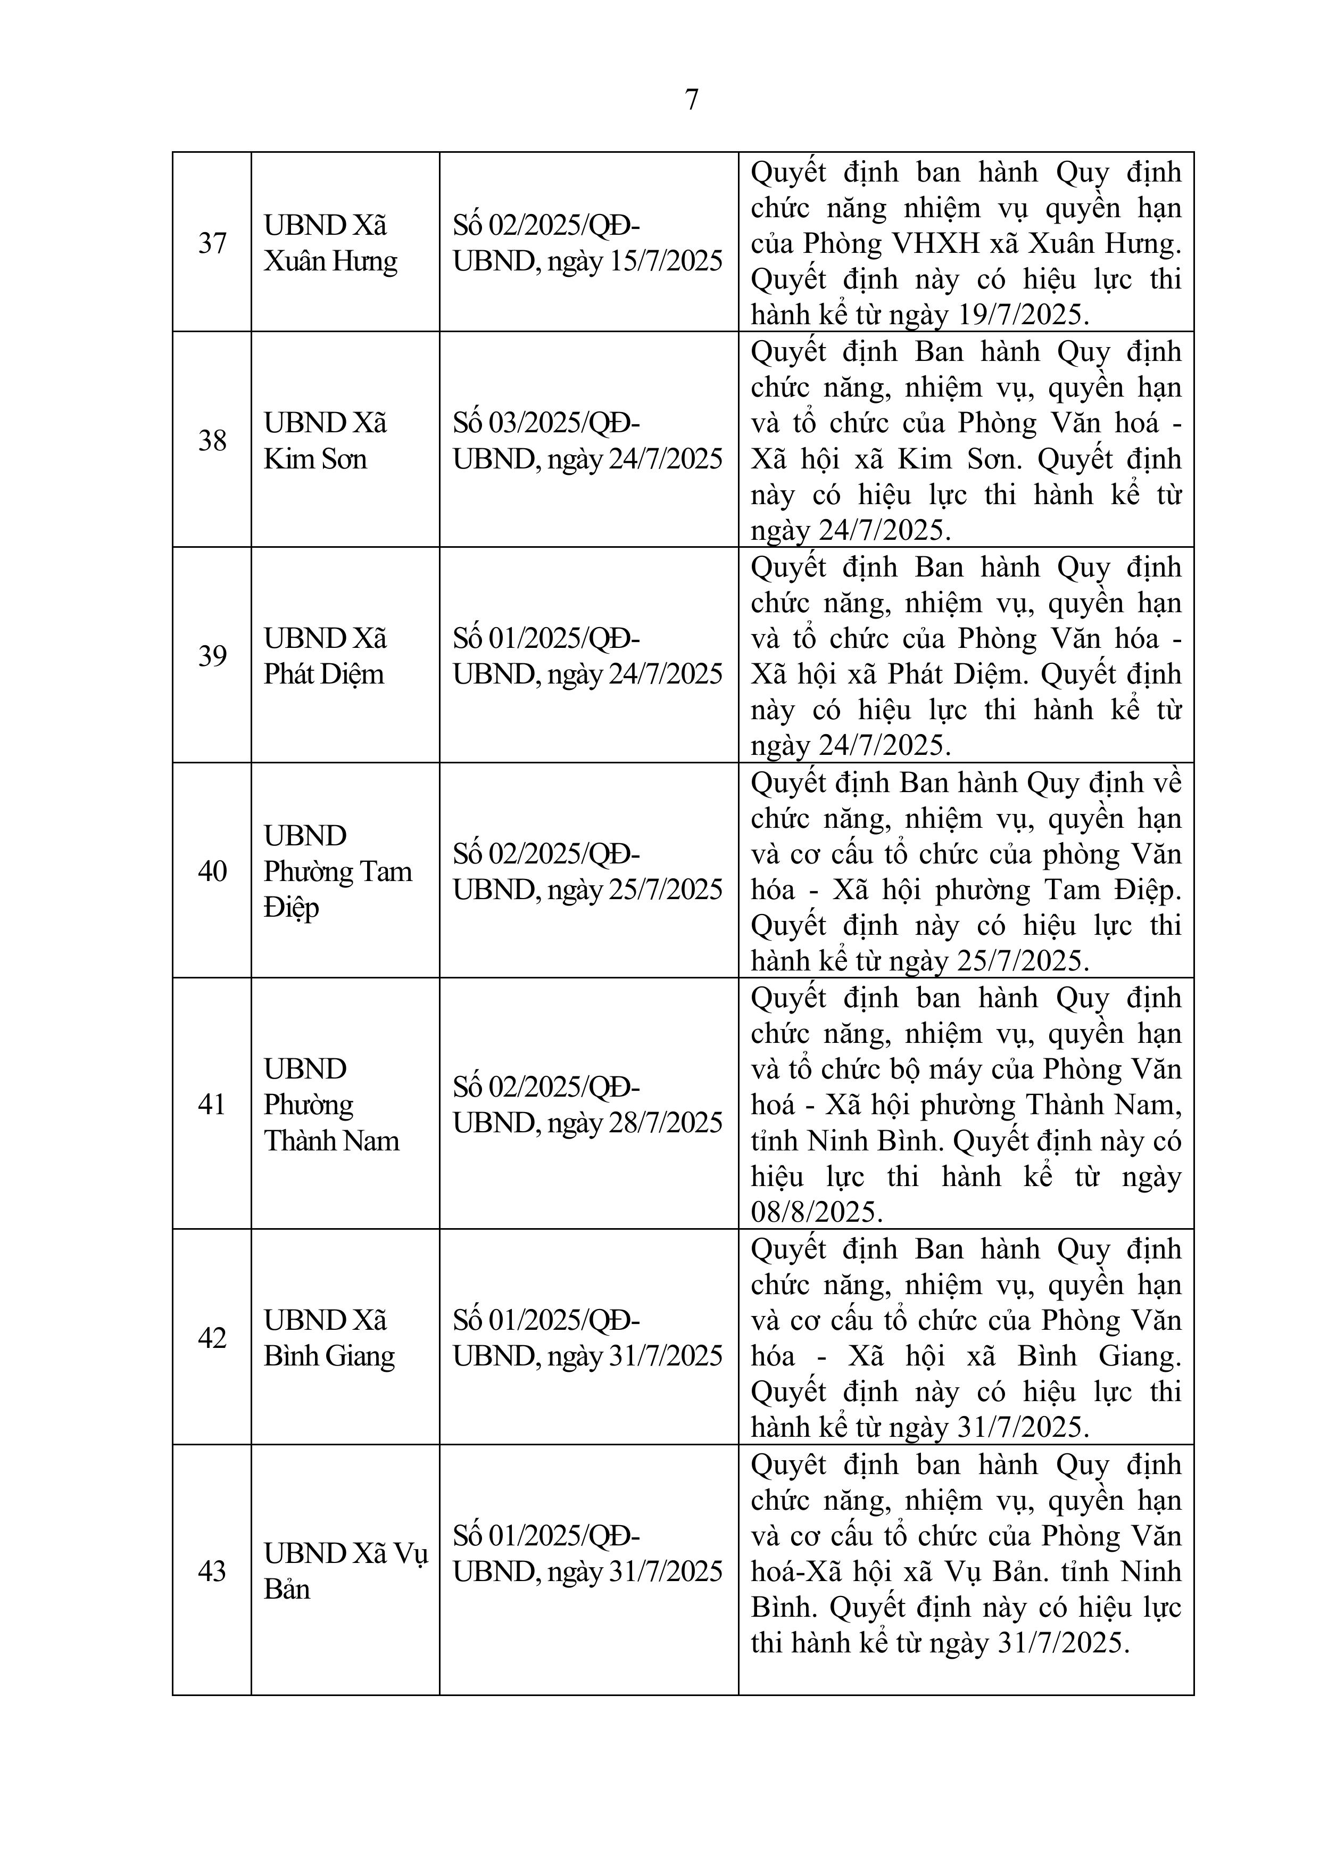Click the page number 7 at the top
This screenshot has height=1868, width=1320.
(x=691, y=99)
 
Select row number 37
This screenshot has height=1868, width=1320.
(x=212, y=242)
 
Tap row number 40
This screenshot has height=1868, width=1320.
(x=212, y=871)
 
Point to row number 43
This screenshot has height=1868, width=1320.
(x=212, y=1571)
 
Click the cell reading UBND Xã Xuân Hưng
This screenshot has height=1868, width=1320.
(x=330, y=242)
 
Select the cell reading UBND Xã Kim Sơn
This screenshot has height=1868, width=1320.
(x=325, y=441)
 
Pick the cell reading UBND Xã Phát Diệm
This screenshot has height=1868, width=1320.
(x=325, y=656)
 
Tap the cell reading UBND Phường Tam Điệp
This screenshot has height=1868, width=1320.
(x=337, y=871)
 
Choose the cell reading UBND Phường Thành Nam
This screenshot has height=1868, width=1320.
(x=331, y=1104)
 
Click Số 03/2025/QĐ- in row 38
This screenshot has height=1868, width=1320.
(x=546, y=423)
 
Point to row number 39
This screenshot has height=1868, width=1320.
(x=212, y=656)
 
